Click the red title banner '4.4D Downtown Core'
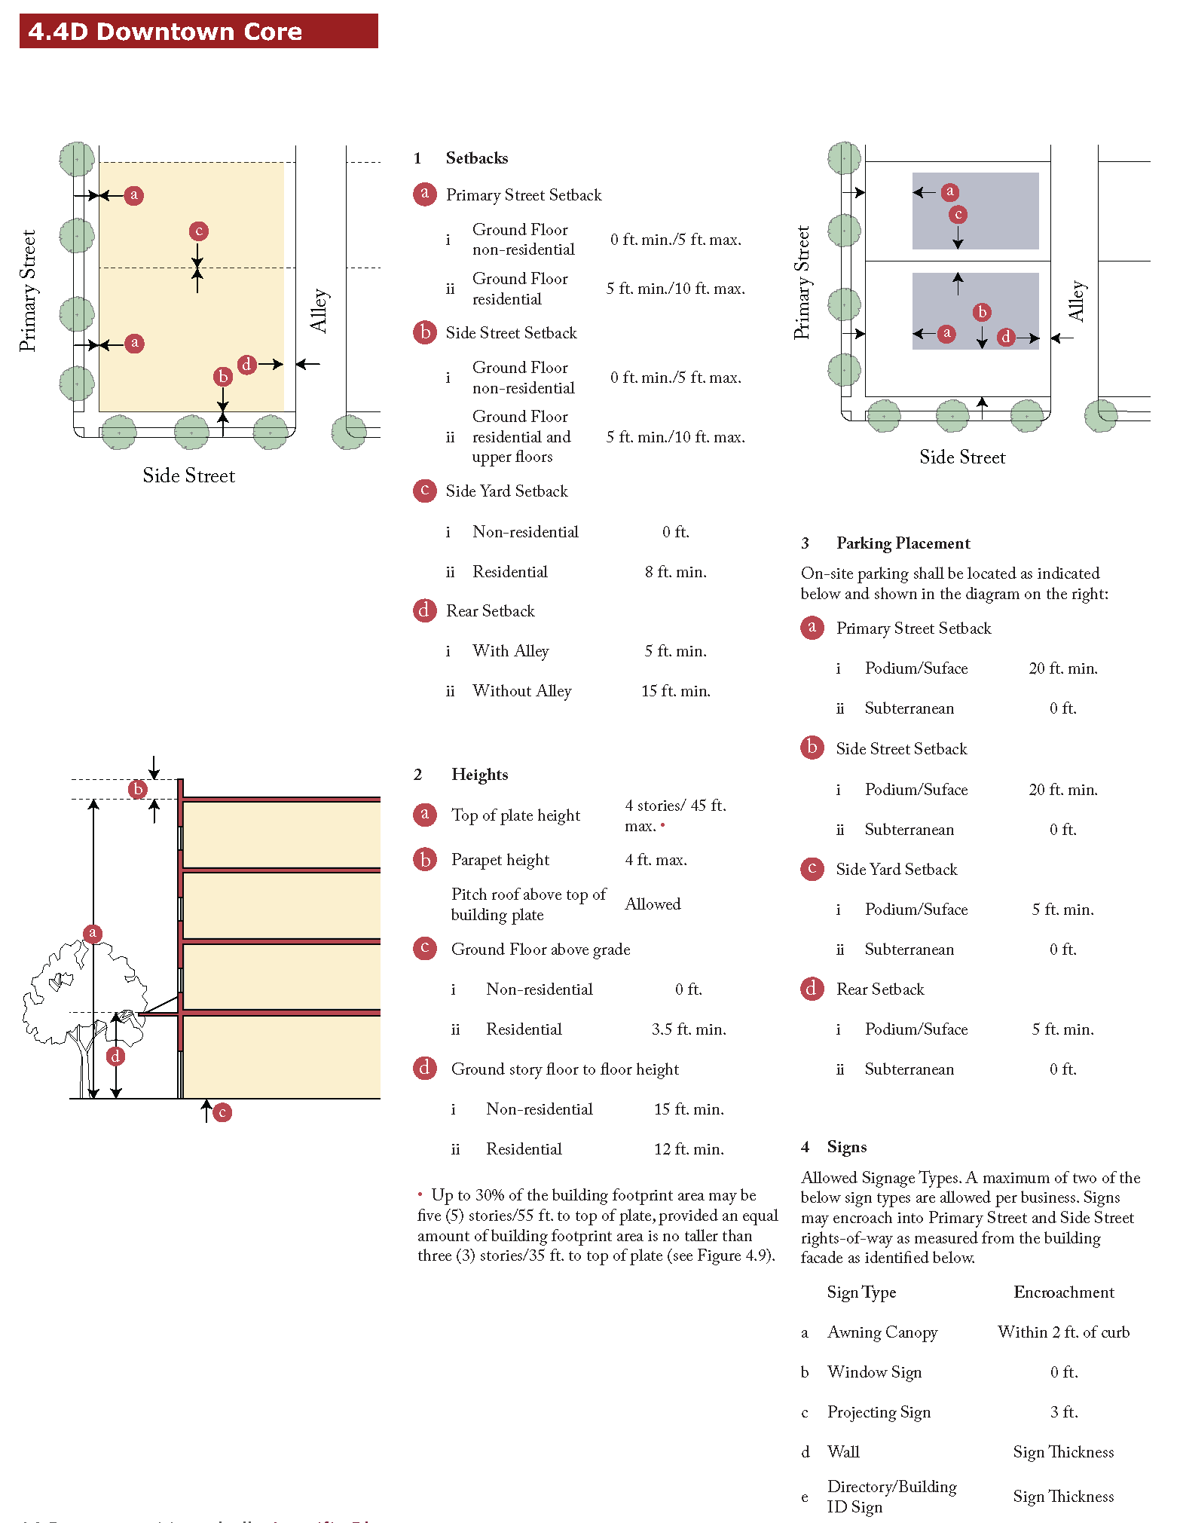pyautogui.click(x=198, y=32)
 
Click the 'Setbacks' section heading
pyautogui.click(x=476, y=158)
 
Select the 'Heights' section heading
pyautogui.click(x=479, y=775)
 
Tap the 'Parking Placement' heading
pyautogui.click(x=903, y=543)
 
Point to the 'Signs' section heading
pyautogui.click(x=846, y=1147)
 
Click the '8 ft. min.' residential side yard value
pyautogui.click(x=675, y=572)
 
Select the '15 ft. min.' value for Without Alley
pyautogui.click(x=675, y=691)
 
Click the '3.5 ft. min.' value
pyautogui.click(x=688, y=1029)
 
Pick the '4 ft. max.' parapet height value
pyautogui.click(x=656, y=860)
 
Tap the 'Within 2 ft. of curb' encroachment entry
pyautogui.click(x=1063, y=1332)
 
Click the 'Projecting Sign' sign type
pyautogui.click(x=879, y=1412)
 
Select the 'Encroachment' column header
pyautogui.click(x=1063, y=1292)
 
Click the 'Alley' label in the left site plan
pyautogui.click(x=319, y=310)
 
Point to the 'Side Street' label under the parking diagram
pyautogui.click(x=962, y=457)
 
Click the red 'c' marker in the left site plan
pyautogui.click(x=199, y=231)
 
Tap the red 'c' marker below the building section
pyautogui.click(x=222, y=1112)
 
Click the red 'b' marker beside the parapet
pyautogui.click(x=138, y=789)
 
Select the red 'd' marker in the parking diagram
pyautogui.click(x=1006, y=337)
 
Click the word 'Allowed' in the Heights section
pyautogui.click(x=653, y=904)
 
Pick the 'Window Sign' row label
pyautogui.click(x=874, y=1372)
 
